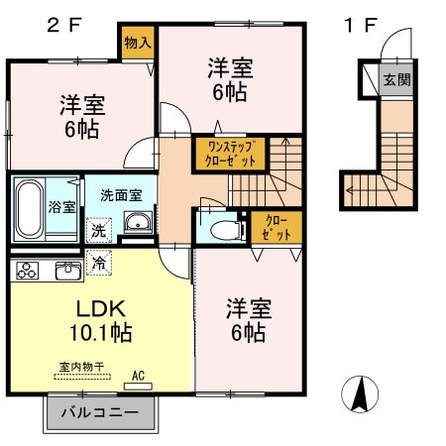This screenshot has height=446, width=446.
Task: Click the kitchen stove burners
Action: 27,269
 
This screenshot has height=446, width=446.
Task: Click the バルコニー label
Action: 99,412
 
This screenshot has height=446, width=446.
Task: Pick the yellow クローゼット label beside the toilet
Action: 269,227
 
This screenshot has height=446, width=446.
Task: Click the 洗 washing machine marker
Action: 99,230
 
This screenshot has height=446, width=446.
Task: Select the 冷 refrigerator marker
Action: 99,264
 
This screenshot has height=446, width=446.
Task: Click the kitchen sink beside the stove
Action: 68,269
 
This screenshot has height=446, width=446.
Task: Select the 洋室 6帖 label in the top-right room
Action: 230,80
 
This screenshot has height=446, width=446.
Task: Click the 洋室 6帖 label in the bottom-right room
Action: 248,320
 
